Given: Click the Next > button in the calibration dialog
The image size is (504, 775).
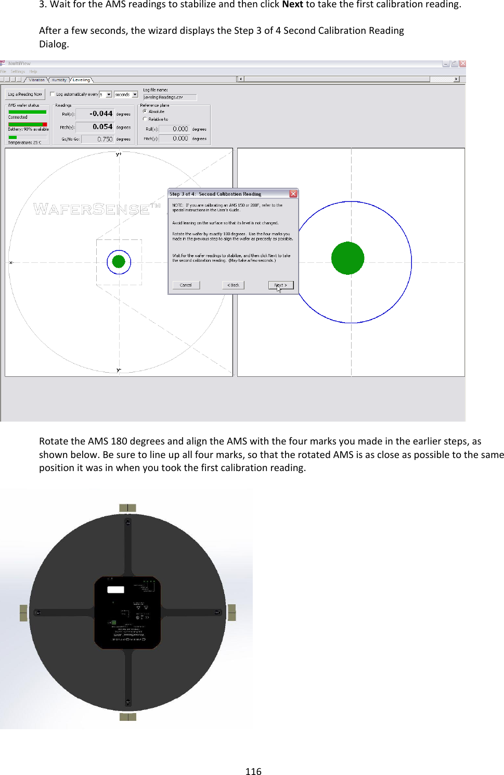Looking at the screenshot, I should point(281,285).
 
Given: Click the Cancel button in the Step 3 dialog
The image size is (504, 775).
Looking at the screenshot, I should point(186,285).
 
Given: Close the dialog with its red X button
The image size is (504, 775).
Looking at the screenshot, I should point(293,194).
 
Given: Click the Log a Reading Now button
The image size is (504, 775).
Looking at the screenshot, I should point(25,94).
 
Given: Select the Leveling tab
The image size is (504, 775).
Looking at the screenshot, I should point(81,80).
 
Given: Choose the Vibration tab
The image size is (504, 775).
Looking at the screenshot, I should point(36,80).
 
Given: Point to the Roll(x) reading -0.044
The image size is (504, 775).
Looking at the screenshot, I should point(100,113).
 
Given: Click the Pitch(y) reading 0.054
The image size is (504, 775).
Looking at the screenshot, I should point(102,126).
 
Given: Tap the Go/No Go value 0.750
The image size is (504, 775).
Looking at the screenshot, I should point(104,139).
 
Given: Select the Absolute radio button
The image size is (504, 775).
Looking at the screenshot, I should point(145,111).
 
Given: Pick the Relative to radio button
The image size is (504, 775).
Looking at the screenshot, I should point(145,119).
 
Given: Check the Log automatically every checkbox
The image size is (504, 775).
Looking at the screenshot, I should point(53,94).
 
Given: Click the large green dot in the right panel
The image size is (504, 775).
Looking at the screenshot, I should point(347,258).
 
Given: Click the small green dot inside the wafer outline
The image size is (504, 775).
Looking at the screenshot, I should point(119,261).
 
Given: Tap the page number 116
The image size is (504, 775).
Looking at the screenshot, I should point(253,771).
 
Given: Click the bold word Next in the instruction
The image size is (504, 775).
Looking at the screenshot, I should point(292,5).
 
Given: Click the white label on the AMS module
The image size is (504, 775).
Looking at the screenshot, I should point(115,590).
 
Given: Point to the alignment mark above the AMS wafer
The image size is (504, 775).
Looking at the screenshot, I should point(127,508).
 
